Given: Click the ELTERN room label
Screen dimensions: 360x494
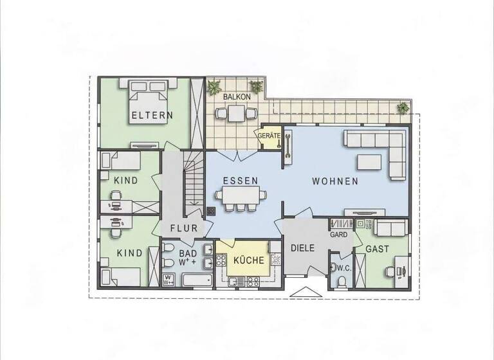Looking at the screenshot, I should (152, 116).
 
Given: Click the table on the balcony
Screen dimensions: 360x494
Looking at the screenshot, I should (235, 113).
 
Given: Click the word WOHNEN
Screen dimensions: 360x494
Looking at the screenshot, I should (335, 181).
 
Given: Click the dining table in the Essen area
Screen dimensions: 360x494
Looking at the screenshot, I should (241, 195).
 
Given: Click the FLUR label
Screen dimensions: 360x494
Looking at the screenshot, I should (183, 228).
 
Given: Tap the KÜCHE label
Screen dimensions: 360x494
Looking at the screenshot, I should (248, 260).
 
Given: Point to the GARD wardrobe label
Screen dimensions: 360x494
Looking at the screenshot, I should (339, 235).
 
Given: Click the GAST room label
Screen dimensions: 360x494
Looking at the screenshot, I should (376, 249).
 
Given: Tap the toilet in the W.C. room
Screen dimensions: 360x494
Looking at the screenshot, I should (342, 280).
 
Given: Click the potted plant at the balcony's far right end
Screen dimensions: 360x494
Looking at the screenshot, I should (403, 107).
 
